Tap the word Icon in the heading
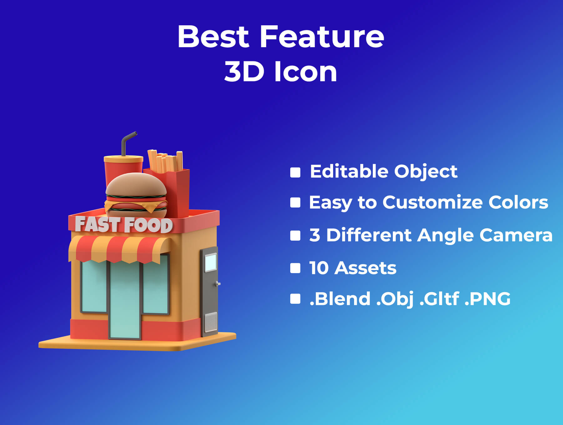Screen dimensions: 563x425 pyautogui.click(x=306, y=72)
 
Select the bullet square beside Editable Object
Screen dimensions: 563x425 pyautogui.click(x=295, y=172)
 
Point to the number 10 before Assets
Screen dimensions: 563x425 pyautogui.click(x=319, y=268)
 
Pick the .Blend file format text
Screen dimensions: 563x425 pyautogui.click(x=340, y=298)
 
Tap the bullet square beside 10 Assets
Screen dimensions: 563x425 pyautogui.click(x=295, y=268)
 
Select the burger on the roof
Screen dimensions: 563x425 pyautogui.click(x=136, y=195)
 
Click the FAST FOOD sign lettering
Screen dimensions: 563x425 pyautogui.click(x=124, y=225)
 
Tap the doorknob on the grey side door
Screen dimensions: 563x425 pyautogui.click(x=218, y=284)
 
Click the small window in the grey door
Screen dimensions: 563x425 pyautogui.click(x=210, y=263)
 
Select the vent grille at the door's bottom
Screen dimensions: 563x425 pyautogui.click(x=211, y=322)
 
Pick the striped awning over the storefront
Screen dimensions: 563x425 pyautogui.click(x=119, y=249)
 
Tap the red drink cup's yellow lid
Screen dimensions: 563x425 pyautogui.click(x=123, y=159)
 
